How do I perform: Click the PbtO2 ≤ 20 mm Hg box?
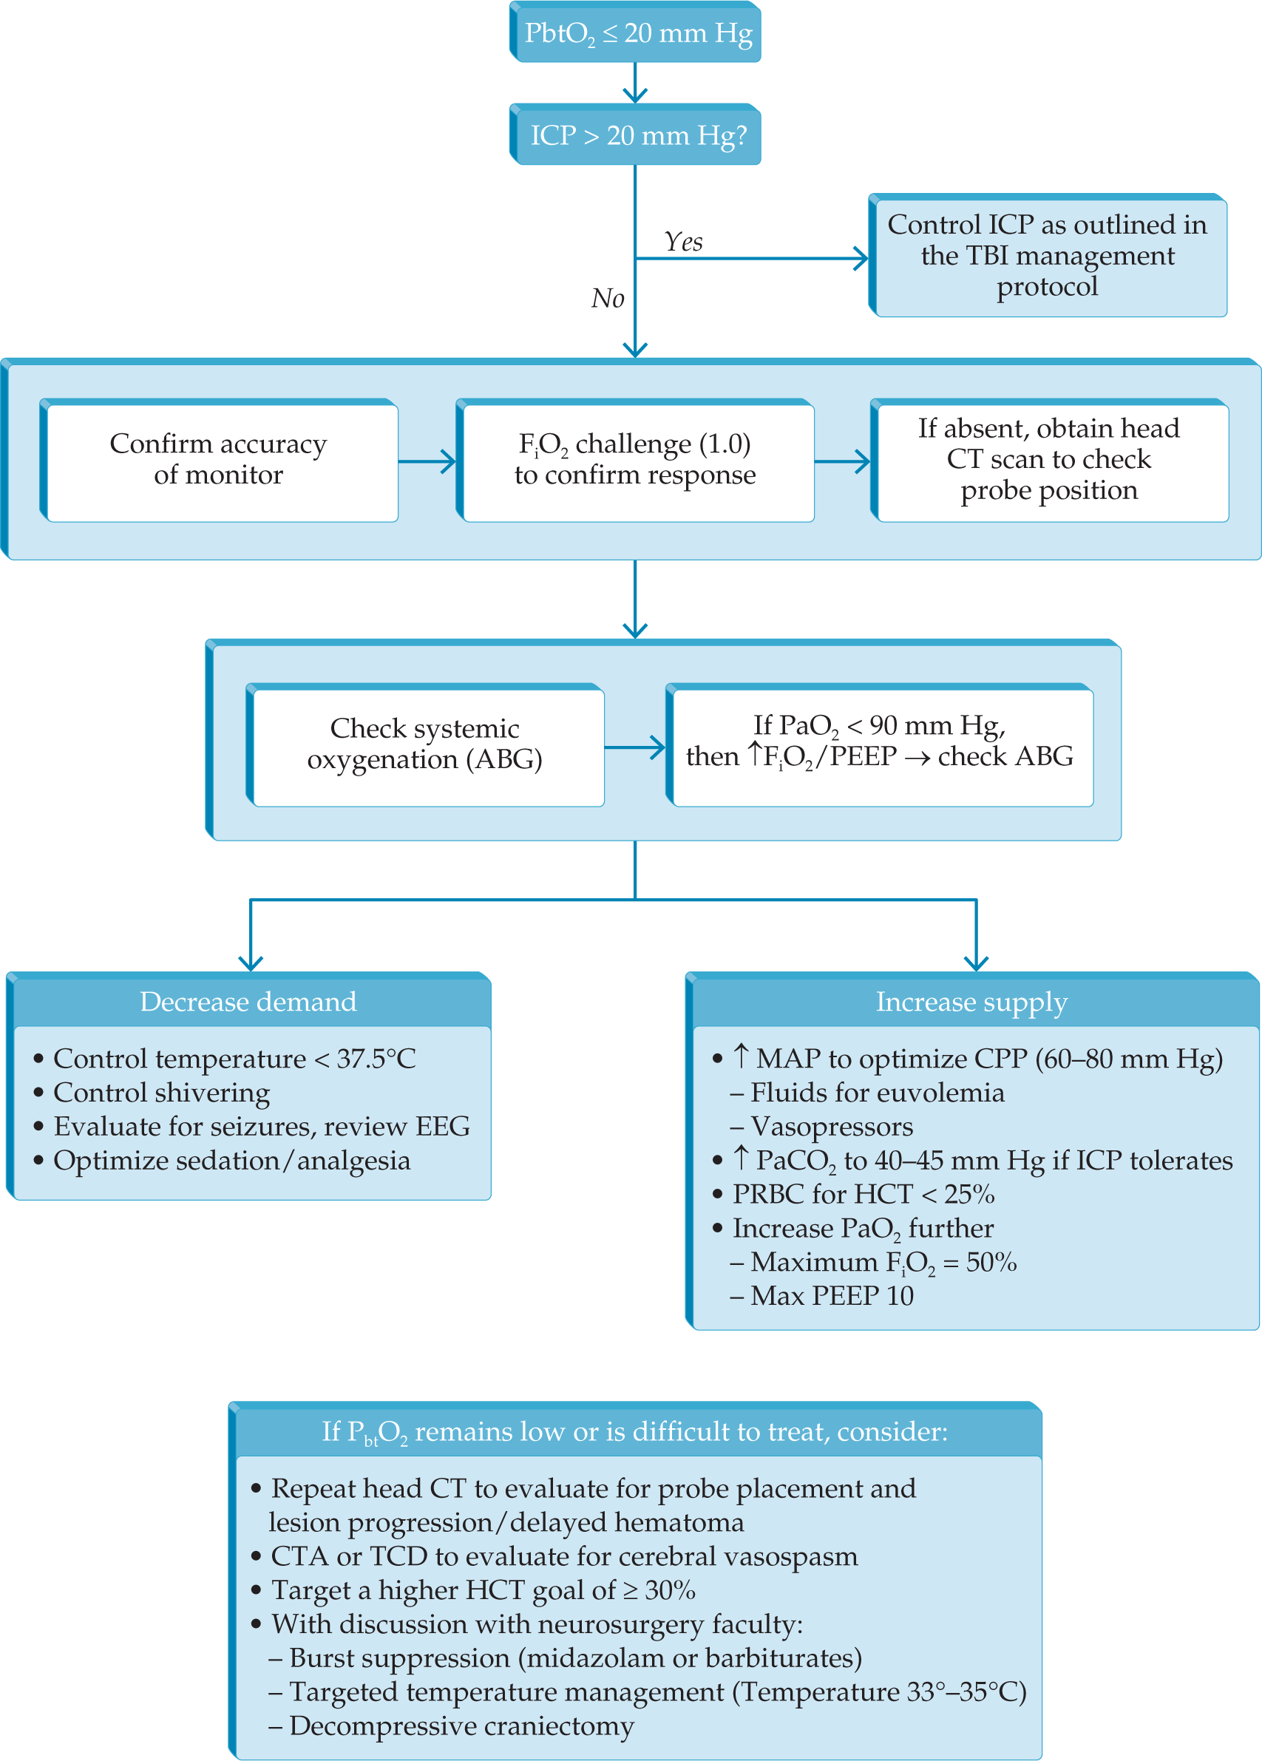[636, 33]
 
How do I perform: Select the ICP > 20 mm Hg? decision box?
[636, 135]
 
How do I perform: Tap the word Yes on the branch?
[683, 242]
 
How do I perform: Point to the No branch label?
[607, 298]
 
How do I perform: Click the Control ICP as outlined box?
[1047, 256]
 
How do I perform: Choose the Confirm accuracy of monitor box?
[219, 460]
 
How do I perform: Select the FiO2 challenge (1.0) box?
[635, 460]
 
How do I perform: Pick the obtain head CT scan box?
[1048, 460]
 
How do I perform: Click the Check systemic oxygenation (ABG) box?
[425, 744]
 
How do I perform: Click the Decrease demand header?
[248, 1002]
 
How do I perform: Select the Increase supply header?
[971, 1002]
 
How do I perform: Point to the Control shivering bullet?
[161, 1093]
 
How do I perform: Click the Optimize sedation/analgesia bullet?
[231, 1161]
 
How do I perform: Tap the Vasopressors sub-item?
[831, 1127]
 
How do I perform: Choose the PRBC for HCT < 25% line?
[864, 1194]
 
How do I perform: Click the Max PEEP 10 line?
[831, 1296]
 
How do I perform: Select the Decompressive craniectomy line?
[461, 1726]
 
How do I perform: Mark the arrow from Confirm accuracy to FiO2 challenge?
[427, 461]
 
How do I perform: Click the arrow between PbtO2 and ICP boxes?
[635, 82]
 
